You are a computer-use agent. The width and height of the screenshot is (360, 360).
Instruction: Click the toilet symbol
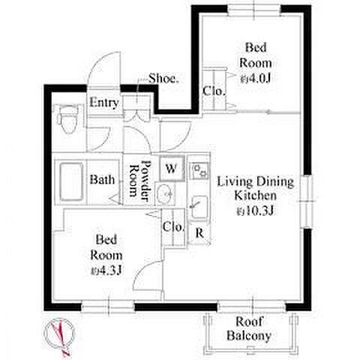coord(67,118)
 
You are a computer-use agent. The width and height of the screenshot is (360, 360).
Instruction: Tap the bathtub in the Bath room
coord(71,182)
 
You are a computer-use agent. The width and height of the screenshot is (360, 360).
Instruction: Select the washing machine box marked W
coord(172,168)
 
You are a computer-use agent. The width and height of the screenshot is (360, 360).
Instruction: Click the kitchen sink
coord(199,208)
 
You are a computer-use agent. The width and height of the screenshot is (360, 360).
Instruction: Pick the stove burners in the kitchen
coord(199,170)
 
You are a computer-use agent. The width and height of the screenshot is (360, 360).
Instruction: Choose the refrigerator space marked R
coord(199,233)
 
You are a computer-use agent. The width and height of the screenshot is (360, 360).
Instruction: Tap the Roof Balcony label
coord(249,328)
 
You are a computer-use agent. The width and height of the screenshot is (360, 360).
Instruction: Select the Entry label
coord(104,103)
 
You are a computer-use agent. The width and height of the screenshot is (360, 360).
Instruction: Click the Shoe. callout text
coord(164,79)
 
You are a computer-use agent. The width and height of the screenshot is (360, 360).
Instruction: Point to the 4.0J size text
coord(256,79)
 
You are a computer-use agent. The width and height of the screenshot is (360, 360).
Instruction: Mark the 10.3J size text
coord(255,211)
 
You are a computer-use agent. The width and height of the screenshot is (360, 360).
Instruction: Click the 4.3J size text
coord(106,270)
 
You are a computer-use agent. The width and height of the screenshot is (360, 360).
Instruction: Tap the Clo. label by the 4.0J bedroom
coord(214,91)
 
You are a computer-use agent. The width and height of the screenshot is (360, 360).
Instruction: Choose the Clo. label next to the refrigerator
coord(174,226)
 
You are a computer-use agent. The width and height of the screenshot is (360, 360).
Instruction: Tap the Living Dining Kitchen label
coord(255,188)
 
